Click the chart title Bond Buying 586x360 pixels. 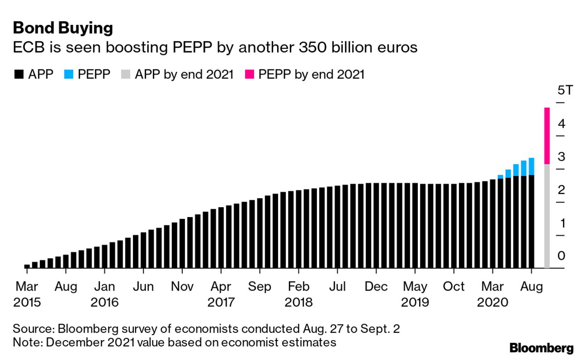click(x=63, y=28)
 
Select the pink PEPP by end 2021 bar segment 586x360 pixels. click(x=547, y=136)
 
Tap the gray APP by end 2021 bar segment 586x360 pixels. click(x=547, y=216)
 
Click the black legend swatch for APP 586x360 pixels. click(x=19, y=74)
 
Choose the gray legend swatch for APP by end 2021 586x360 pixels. click(x=126, y=74)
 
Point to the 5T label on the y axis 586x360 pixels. click(x=565, y=90)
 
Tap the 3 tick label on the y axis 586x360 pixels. click(x=561, y=157)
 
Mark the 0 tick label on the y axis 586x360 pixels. click(x=561, y=256)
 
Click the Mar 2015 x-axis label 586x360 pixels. click(x=27, y=294)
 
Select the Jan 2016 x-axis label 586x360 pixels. click(x=105, y=294)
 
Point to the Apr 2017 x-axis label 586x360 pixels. click(x=221, y=294)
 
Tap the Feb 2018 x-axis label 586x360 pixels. click(x=298, y=294)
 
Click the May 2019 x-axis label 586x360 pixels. click(x=415, y=294)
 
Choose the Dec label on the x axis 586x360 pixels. click(x=376, y=287)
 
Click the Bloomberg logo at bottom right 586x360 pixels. click(x=542, y=348)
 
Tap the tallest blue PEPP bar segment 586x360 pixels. click(x=531, y=166)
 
